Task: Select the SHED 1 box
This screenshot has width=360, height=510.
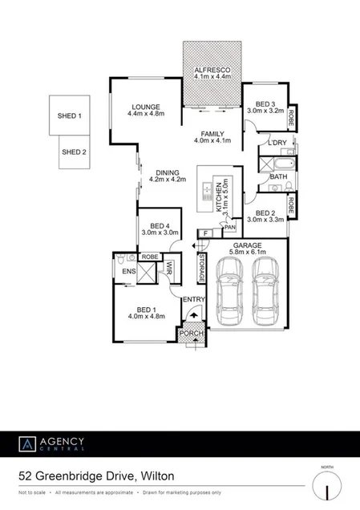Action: pos(69,116)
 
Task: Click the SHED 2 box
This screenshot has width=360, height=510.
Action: pos(74,152)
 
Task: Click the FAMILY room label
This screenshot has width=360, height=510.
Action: pos(212,134)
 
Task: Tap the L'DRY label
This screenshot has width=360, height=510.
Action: pos(278,143)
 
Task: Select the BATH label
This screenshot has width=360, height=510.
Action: pos(278,176)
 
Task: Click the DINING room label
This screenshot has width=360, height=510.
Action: pos(168,172)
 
